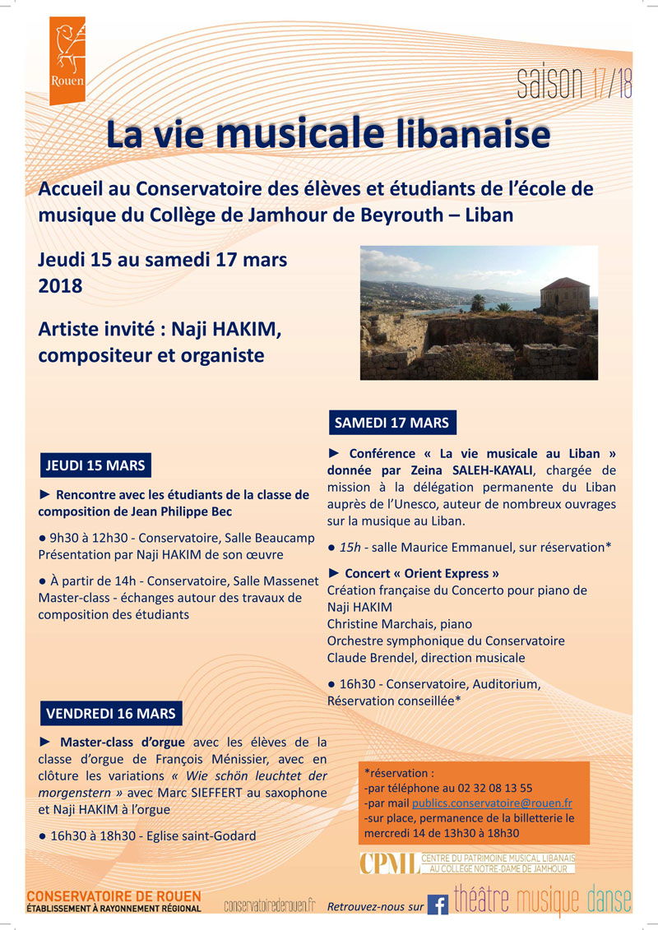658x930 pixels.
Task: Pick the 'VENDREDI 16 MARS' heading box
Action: pos(110,712)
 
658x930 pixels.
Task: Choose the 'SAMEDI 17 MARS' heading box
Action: pos(392,423)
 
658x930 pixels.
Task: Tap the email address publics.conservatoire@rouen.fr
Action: pos(492,803)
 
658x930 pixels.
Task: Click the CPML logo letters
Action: pos(387,863)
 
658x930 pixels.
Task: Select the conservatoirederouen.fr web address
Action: pos(270,905)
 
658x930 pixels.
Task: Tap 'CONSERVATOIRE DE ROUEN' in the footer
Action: pos(114,895)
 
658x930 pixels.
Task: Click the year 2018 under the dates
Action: pos(60,286)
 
